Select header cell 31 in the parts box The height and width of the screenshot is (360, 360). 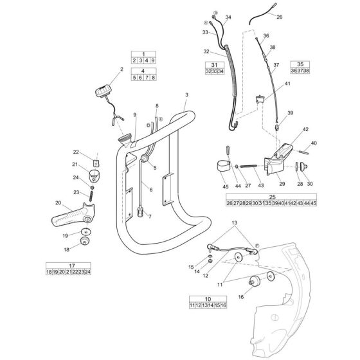pyautogui.click(x=215, y=64)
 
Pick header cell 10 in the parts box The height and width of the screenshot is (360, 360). pyautogui.click(x=208, y=300)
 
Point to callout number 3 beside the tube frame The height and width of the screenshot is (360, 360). pyautogui.click(x=186, y=95)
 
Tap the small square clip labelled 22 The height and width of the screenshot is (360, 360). pyautogui.click(x=95, y=164)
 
